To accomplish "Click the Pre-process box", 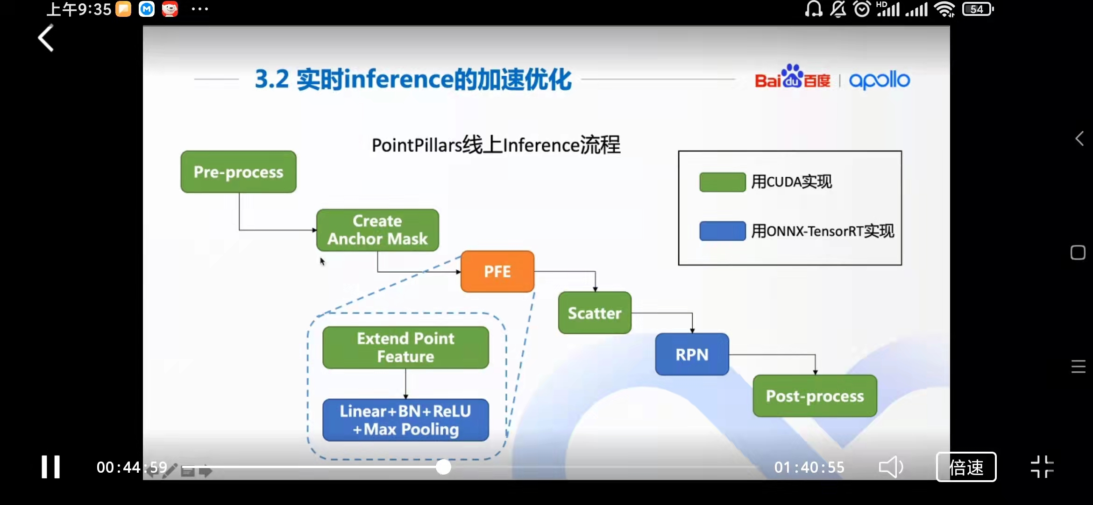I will coord(238,172).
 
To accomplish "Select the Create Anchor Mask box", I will coord(377,230).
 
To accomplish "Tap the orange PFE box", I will coord(497,272).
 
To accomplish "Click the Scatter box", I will coord(595,313).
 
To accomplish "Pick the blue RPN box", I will coord(692,354).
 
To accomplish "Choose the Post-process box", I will coord(815,396).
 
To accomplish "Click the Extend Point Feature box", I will coord(405,347).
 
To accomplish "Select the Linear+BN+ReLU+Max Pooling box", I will coord(405,420).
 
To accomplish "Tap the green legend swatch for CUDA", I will coord(722,182).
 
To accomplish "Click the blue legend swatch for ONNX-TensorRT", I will coord(722,231).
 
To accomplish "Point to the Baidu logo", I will coord(792,78).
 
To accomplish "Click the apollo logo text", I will coord(879,80).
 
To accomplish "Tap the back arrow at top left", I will coord(46,38).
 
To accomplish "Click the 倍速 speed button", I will coord(966,467).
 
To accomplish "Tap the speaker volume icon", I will coord(890,467).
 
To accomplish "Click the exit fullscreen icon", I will coord(1042,467).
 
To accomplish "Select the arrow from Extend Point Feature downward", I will coord(405,384).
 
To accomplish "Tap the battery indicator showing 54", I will coord(977,9).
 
